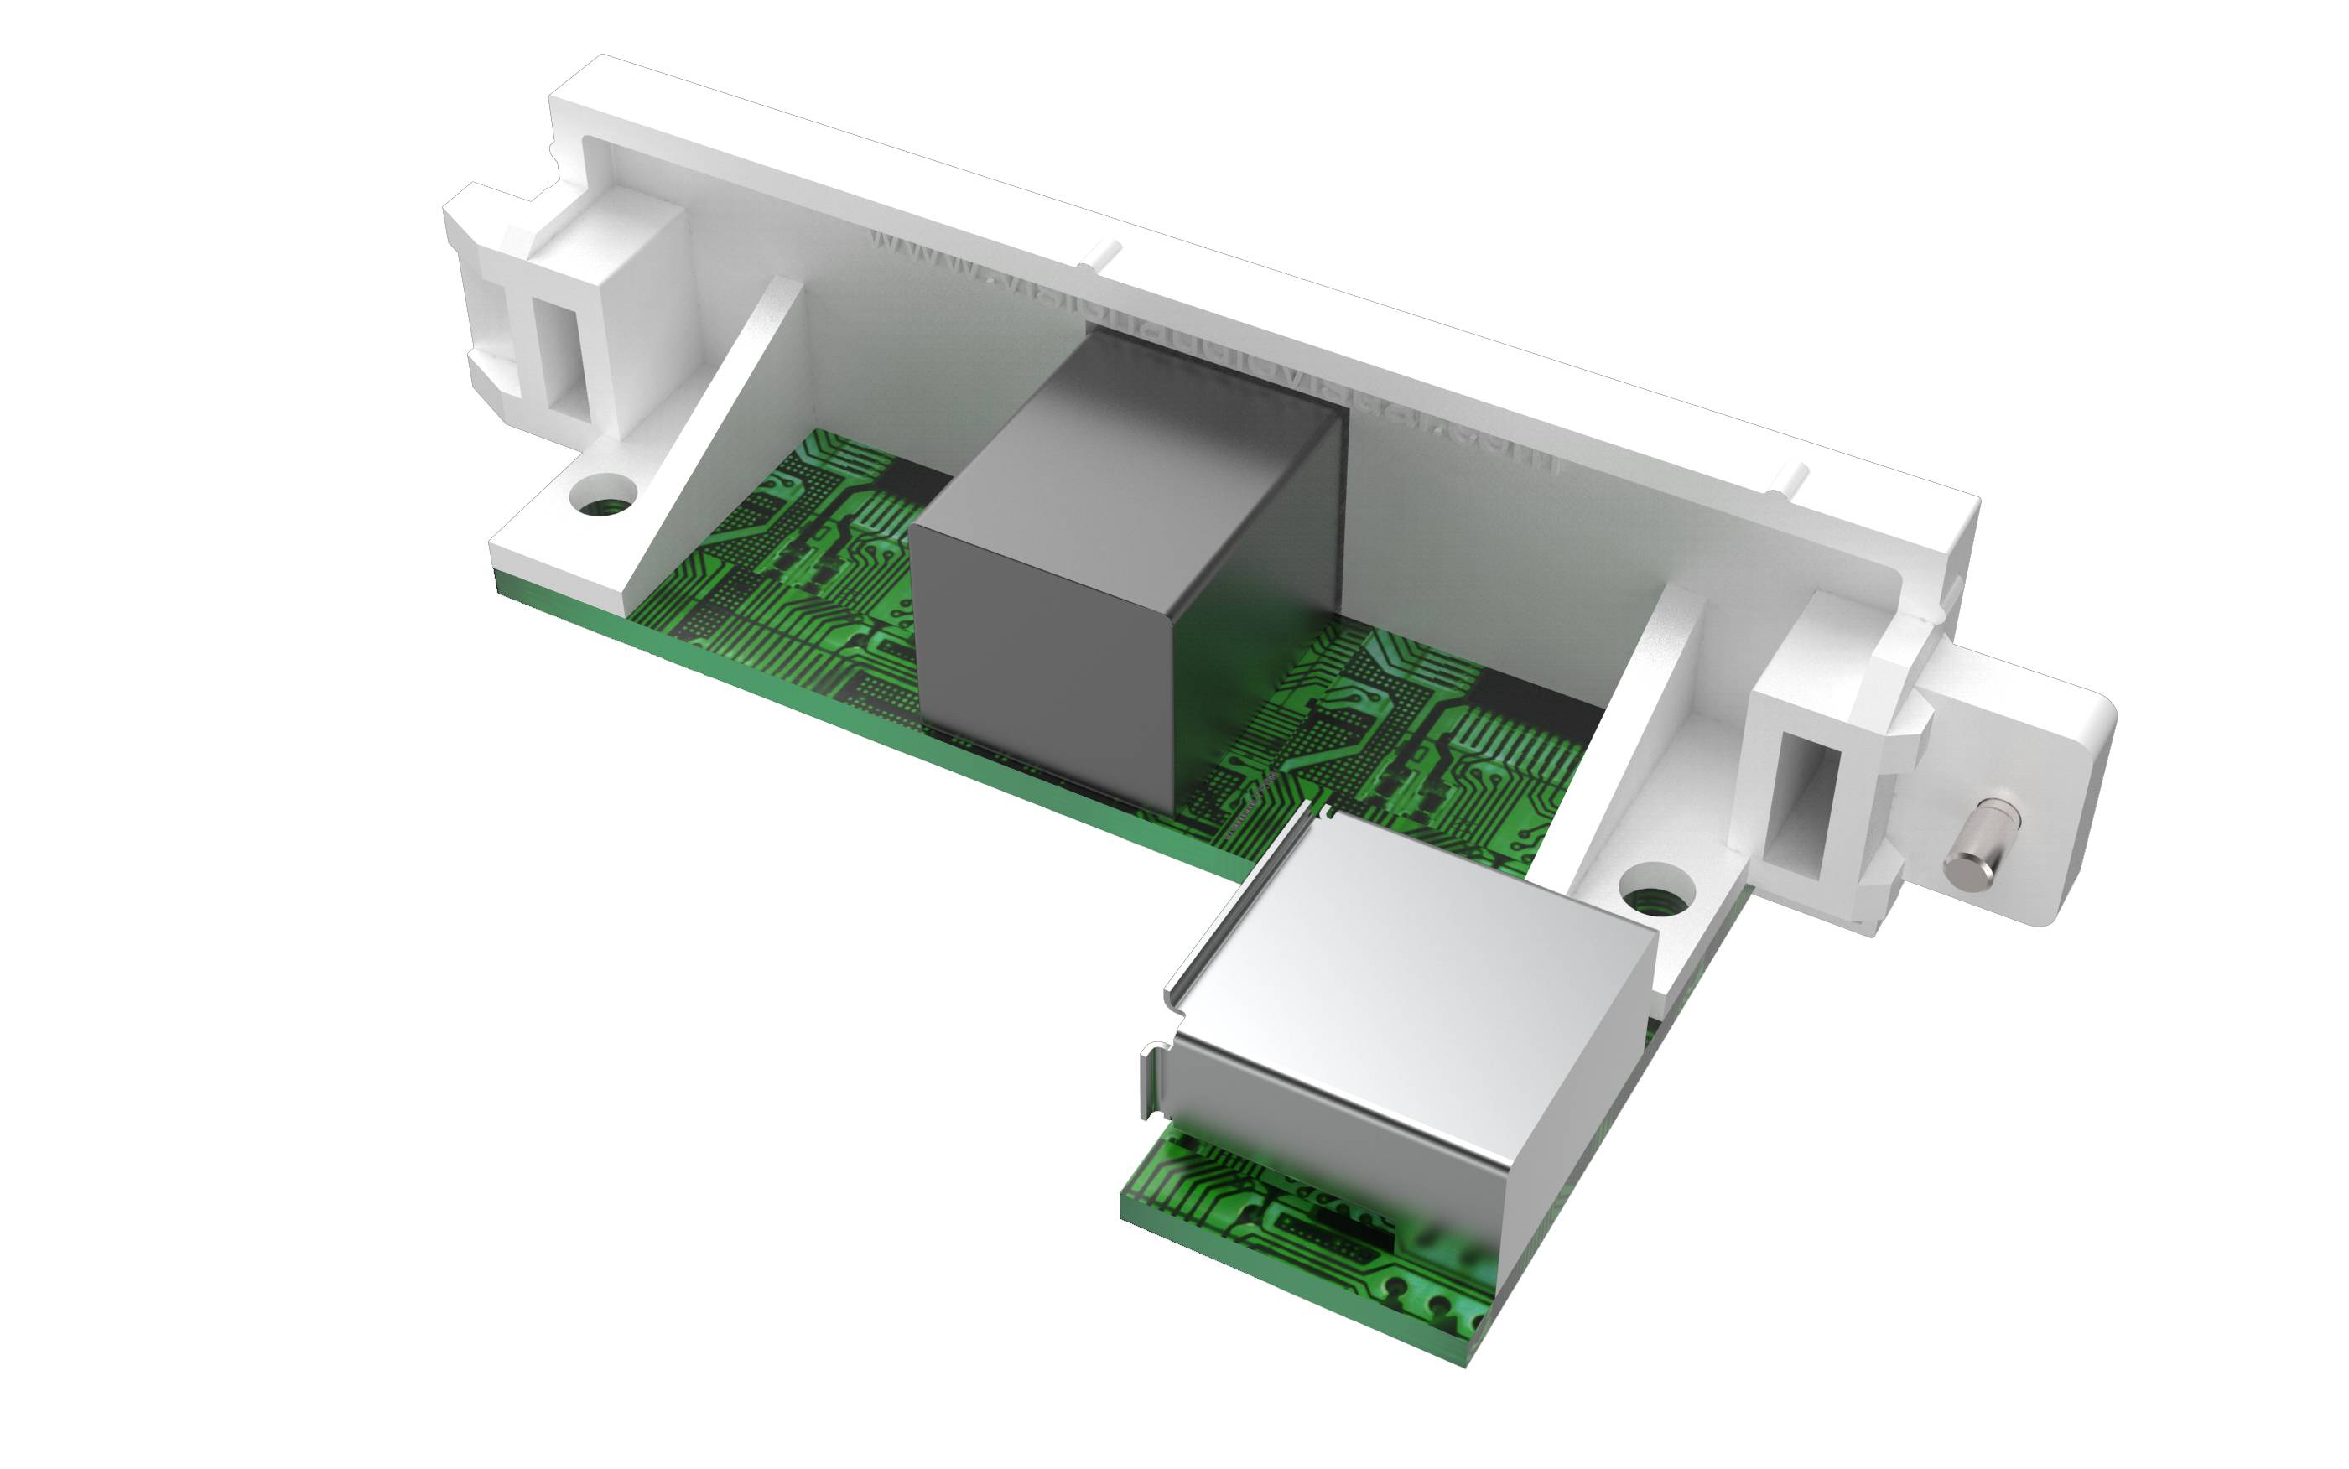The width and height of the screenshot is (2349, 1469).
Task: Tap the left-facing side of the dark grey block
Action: (x=1039, y=671)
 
